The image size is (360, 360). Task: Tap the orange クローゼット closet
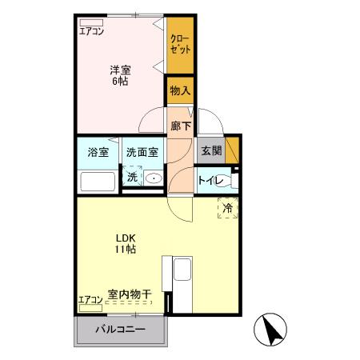pos(180,43)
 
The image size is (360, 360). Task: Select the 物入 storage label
pos(180,91)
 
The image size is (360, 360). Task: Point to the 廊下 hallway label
pos(180,126)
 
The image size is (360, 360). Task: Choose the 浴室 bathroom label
pos(98,153)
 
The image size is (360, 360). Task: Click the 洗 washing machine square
pos(131,177)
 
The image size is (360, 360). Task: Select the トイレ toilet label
pos(212,180)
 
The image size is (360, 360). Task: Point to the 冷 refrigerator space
pos(228,207)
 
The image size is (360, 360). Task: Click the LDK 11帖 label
pos(124,243)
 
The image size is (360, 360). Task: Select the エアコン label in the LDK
pos(90,300)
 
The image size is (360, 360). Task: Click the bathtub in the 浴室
pos(98,181)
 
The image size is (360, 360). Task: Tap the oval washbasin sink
pos(155,178)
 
